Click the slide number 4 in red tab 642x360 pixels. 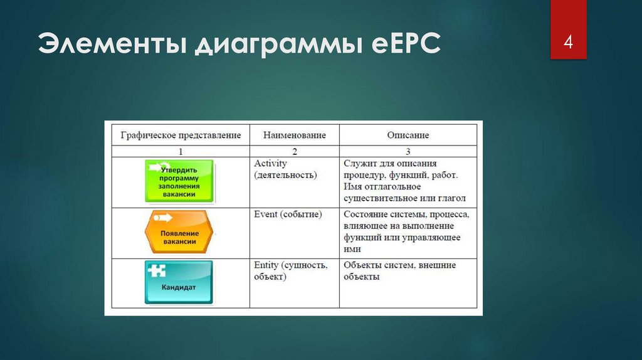pyautogui.click(x=568, y=43)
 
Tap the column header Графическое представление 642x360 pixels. pyautogui.click(x=181, y=135)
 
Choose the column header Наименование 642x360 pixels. pyautogui.click(x=294, y=135)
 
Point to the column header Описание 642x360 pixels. pyautogui.click(x=408, y=135)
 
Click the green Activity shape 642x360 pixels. pyautogui.click(x=179, y=181)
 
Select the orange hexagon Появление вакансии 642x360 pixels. pyautogui.click(x=179, y=232)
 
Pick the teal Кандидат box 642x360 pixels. pyautogui.click(x=179, y=282)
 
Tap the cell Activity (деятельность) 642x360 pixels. pyautogui.click(x=285, y=169)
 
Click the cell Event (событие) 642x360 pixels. pyautogui.click(x=288, y=214)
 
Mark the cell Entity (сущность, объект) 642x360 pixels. pyautogui.click(x=290, y=271)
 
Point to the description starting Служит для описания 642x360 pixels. pyautogui.click(x=404, y=181)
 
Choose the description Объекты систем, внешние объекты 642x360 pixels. pyautogui.click(x=399, y=271)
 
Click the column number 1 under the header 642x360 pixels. pyautogui.click(x=181, y=151)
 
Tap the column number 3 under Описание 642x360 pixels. pyautogui.click(x=408, y=151)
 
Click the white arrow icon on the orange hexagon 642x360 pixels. pyautogui.click(x=163, y=218)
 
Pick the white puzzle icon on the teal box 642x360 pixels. pyautogui.click(x=157, y=270)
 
